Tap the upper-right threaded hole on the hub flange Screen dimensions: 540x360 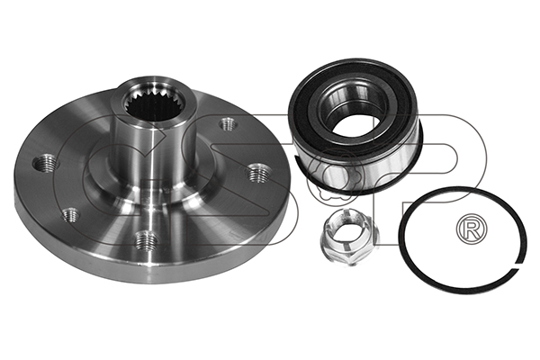pyautogui.click(x=228, y=123)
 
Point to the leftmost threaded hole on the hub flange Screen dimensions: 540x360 pyautogui.click(x=45, y=162)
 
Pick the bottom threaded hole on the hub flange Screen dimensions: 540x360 pyautogui.click(x=146, y=240)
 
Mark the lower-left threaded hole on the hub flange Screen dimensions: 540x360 pyautogui.click(x=70, y=215)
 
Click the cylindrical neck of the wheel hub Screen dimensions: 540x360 pyautogui.click(x=154, y=151)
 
